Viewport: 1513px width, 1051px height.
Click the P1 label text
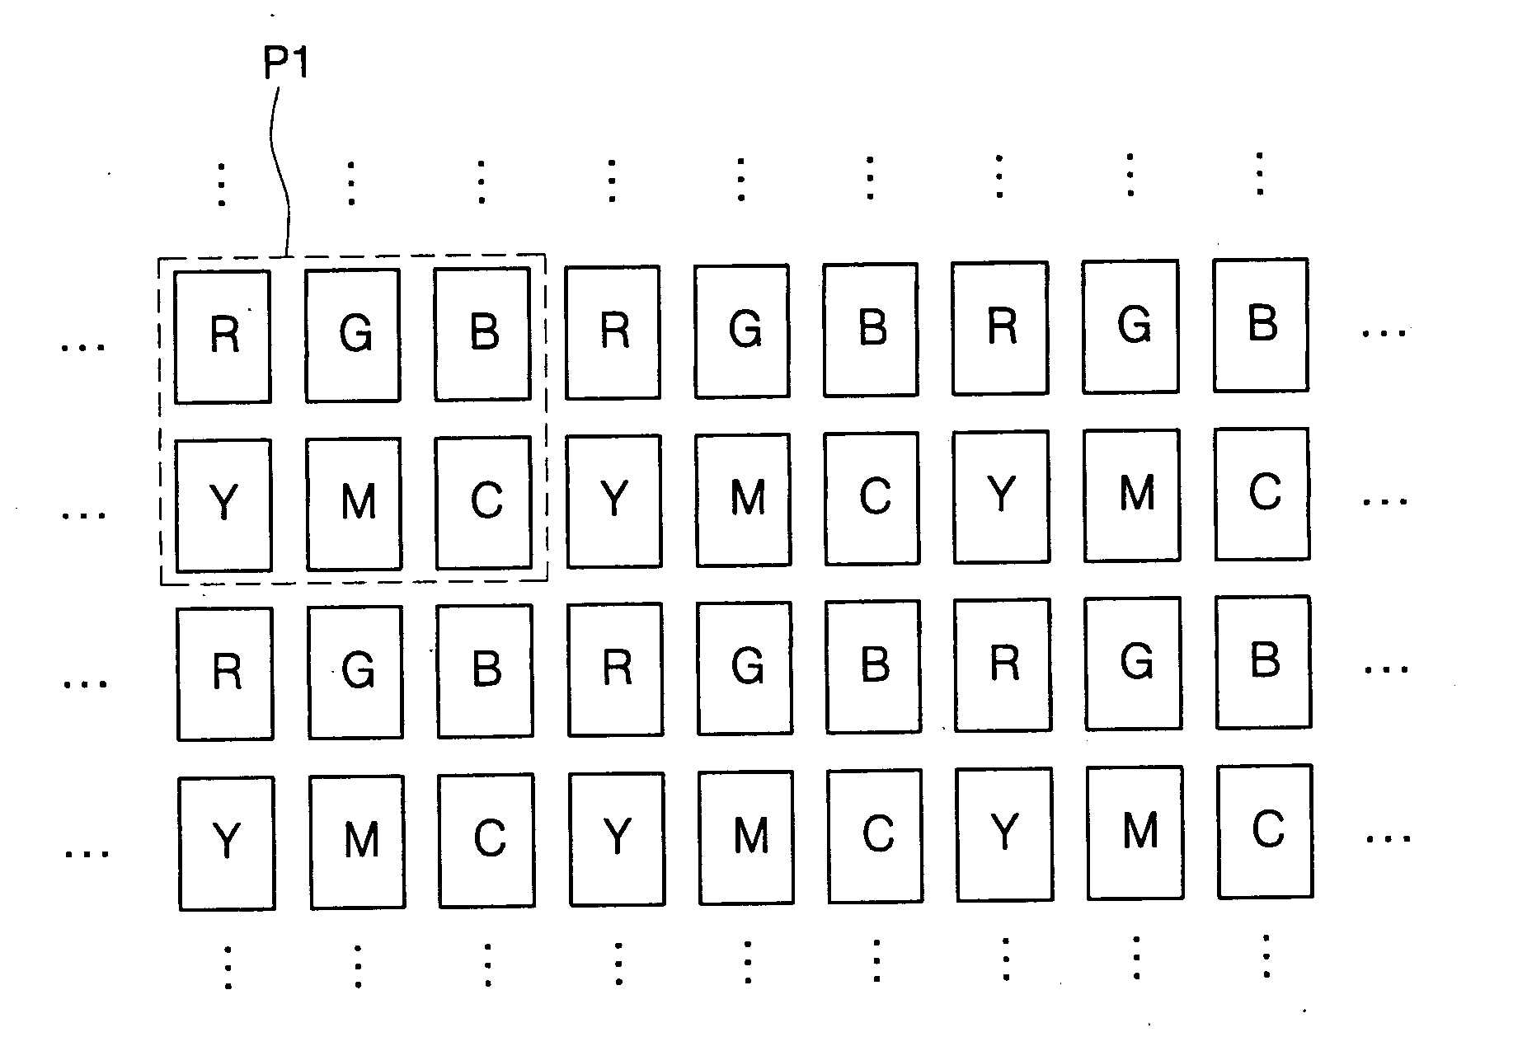pos(285,65)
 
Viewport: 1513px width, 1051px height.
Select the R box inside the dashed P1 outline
pos(223,336)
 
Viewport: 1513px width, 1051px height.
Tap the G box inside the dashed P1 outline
pos(353,335)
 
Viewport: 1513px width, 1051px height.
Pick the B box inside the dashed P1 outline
pos(482,333)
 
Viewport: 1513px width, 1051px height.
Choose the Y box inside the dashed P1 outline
pos(223,505)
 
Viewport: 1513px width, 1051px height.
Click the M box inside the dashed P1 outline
pos(354,504)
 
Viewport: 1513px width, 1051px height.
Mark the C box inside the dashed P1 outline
pos(484,502)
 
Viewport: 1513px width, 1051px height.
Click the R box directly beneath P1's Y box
pos(225,673)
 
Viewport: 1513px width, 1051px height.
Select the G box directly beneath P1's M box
pos(355,672)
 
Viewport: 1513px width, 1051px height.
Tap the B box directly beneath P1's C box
pos(486,670)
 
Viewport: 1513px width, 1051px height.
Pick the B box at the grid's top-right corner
pos(1261,325)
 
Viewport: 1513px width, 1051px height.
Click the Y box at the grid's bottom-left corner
pos(227,842)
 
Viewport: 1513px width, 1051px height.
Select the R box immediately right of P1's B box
pos(613,331)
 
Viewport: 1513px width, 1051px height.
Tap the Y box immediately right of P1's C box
pos(614,500)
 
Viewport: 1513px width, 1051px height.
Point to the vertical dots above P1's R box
pos(221,184)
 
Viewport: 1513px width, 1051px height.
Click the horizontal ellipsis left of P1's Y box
pos(85,515)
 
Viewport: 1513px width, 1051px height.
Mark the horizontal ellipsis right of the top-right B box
pos(1384,334)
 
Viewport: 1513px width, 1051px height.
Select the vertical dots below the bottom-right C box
pos(1266,956)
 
